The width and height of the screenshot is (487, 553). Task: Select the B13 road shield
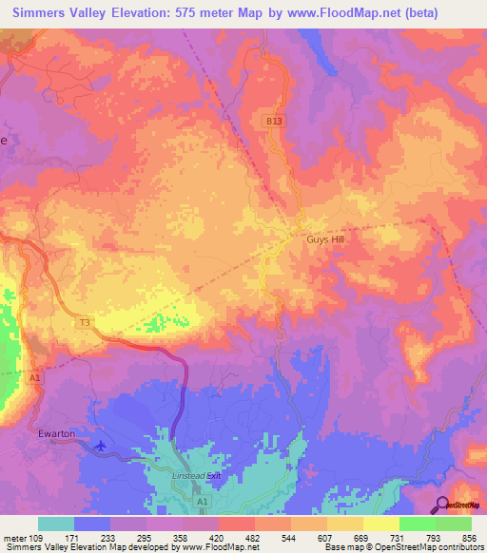(x=273, y=122)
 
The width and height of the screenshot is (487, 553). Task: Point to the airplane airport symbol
(x=101, y=444)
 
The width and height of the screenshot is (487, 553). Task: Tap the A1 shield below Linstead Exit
(x=202, y=500)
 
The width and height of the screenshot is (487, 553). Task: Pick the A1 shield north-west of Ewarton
(x=35, y=377)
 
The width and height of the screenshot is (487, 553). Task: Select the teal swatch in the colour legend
(x=57, y=524)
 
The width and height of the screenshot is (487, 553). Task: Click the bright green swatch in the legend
(x=417, y=524)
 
